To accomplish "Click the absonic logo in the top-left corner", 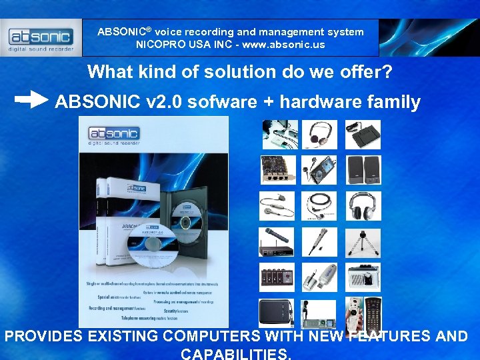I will coord(41,37).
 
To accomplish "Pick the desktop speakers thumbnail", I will coord(363,170).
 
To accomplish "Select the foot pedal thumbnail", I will coord(363,134).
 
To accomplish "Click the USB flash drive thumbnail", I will coord(320,277).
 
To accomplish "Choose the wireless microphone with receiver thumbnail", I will coord(277,241).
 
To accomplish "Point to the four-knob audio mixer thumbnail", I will coord(277,277).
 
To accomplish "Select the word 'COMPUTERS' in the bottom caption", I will coord(211,336).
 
